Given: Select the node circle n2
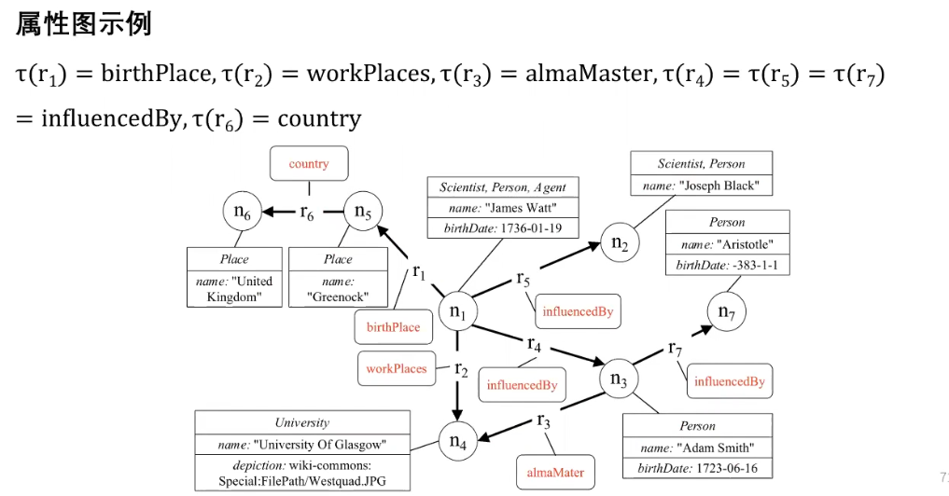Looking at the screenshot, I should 619,243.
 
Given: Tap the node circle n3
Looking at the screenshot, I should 619,379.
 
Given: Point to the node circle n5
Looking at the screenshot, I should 363,212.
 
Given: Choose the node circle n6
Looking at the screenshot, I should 242,214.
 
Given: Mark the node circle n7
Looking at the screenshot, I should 727,312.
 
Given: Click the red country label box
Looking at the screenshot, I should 309,164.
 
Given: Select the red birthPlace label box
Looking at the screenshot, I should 393,327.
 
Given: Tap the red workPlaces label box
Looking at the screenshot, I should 396,369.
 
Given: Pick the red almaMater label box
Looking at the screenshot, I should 555,473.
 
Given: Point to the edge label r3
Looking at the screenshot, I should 544,420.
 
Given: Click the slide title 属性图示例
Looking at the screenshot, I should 84,25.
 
